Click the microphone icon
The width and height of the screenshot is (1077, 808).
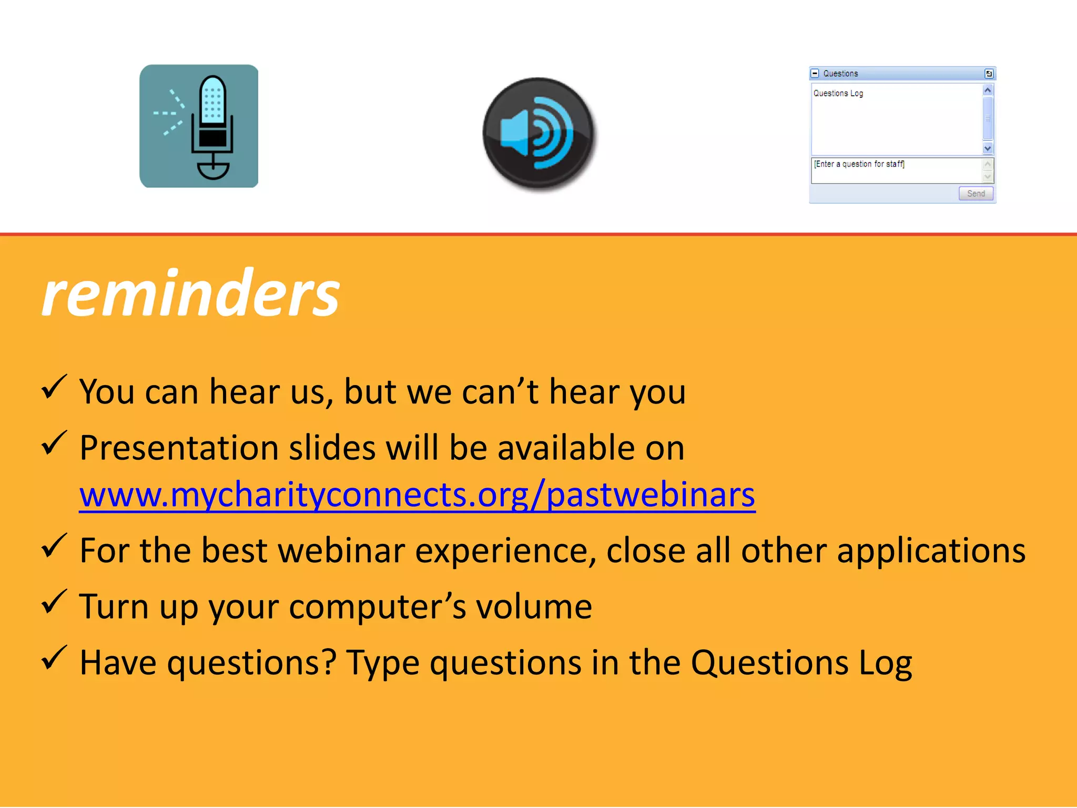click(x=199, y=126)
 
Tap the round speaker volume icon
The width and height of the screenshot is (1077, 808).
click(x=538, y=134)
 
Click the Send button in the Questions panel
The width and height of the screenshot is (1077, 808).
click(x=976, y=194)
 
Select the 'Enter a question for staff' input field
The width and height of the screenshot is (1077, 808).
click(x=896, y=170)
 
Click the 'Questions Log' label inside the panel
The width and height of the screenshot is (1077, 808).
click(x=838, y=94)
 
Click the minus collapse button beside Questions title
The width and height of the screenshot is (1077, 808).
click(x=815, y=74)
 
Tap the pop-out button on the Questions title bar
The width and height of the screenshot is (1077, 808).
click(x=989, y=74)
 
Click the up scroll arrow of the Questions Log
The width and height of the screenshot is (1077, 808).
click(x=988, y=90)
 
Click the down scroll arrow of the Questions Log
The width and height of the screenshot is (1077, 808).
click(x=988, y=148)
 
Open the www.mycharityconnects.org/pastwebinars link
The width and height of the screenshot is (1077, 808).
click(x=417, y=494)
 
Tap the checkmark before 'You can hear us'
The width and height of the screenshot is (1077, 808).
click(x=54, y=388)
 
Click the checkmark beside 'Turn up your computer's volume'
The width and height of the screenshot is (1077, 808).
click(x=54, y=602)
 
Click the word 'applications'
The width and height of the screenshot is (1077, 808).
click(x=931, y=551)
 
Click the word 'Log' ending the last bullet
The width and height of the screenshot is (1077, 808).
click(x=886, y=663)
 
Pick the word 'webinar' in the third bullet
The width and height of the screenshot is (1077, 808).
click(x=342, y=551)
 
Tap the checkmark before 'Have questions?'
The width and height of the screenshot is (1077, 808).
click(x=54, y=659)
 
